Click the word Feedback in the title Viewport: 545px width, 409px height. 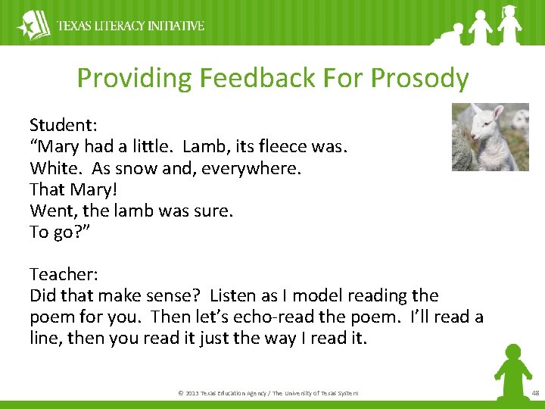[243, 78]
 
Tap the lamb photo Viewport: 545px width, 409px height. [490, 137]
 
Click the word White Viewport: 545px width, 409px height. [54, 167]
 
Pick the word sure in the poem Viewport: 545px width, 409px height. [213, 211]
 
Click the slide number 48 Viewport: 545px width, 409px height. [535, 393]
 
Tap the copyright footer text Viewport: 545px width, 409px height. [268, 393]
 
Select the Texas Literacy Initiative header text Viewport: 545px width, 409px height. [131, 26]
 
